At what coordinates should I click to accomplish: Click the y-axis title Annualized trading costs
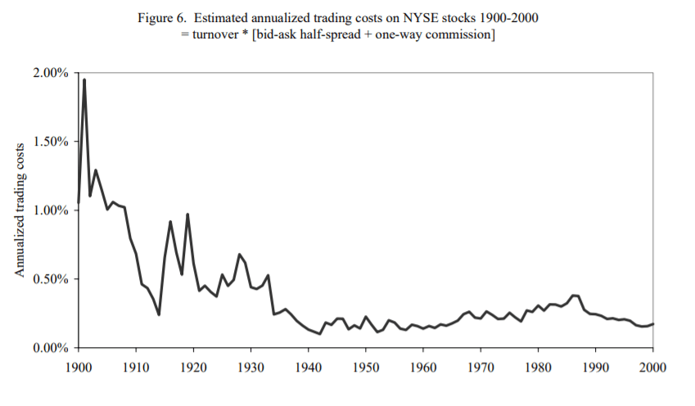20,210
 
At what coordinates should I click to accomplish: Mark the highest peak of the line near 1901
84,79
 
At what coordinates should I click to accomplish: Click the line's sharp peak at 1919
187,214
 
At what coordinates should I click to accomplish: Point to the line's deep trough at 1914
159,314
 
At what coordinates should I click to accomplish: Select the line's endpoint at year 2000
653,324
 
